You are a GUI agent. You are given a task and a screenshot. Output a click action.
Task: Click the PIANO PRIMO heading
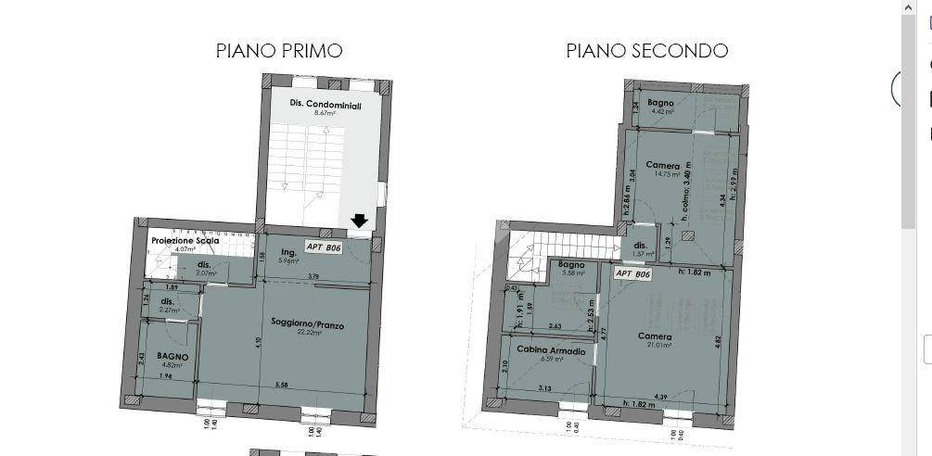[x=279, y=50]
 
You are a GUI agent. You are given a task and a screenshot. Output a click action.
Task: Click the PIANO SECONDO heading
[x=646, y=50]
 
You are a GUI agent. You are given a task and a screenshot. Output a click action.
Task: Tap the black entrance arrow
[x=360, y=221]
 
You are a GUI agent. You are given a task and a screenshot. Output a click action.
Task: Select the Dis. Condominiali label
[x=325, y=105]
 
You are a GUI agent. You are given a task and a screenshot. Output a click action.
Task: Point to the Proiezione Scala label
[x=185, y=241]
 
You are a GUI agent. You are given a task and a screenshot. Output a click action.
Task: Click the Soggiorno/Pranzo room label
[x=309, y=323]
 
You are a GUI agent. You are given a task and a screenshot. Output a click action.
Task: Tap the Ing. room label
[x=287, y=252]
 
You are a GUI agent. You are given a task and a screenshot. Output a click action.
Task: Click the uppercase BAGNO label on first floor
[x=172, y=356]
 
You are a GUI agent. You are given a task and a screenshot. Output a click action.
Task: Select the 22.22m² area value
[x=309, y=332]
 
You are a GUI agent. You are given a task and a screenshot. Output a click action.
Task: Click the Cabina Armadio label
[x=550, y=351]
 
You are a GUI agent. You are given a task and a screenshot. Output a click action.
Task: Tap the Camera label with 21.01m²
[x=656, y=336]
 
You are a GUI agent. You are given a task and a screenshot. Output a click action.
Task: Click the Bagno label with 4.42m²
[x=660, y=102]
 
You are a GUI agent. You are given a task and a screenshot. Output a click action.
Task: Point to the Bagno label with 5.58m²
[x=571, y=264]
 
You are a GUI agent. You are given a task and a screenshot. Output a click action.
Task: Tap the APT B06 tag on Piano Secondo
[x=632, y=273]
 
